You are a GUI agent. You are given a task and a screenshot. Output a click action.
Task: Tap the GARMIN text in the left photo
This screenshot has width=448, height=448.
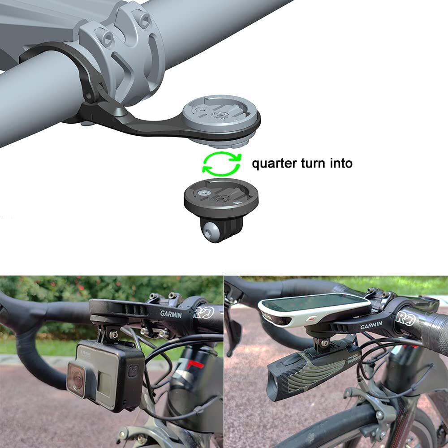(x=171, y=314)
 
